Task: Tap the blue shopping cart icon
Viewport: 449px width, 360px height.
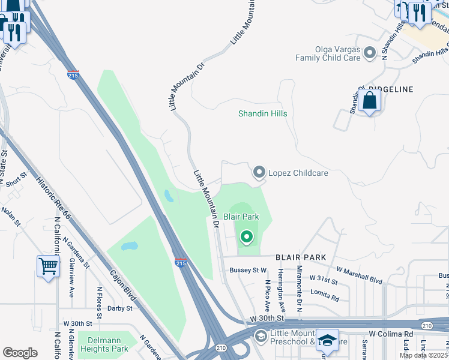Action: click(x=48, y=265)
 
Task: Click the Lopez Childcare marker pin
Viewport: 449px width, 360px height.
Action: click(x=259, y=173)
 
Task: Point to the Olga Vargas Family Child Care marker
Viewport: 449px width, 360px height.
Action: click(x=370, y=53)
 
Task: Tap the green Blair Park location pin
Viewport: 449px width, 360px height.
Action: click(x=246, y=238)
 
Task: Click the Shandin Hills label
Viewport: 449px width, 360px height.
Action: click(x=262, y=113)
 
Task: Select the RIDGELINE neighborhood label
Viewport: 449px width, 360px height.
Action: click(x=394, y=89)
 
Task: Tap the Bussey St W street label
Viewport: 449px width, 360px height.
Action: click(x=248, y=271)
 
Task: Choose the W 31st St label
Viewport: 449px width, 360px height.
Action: click(x=324, y=278)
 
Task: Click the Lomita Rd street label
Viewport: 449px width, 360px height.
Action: click(x=325, y=294)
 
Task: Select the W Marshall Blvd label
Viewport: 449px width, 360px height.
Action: click(x=360, y=275)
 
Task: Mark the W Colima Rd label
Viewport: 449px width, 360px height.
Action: click(x=391, y=334)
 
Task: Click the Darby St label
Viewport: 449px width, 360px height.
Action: click(x=119, y=308)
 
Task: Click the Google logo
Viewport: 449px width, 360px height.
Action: click(x=19, y=352)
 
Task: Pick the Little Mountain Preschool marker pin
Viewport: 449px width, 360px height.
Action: click(x=260, y=335)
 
